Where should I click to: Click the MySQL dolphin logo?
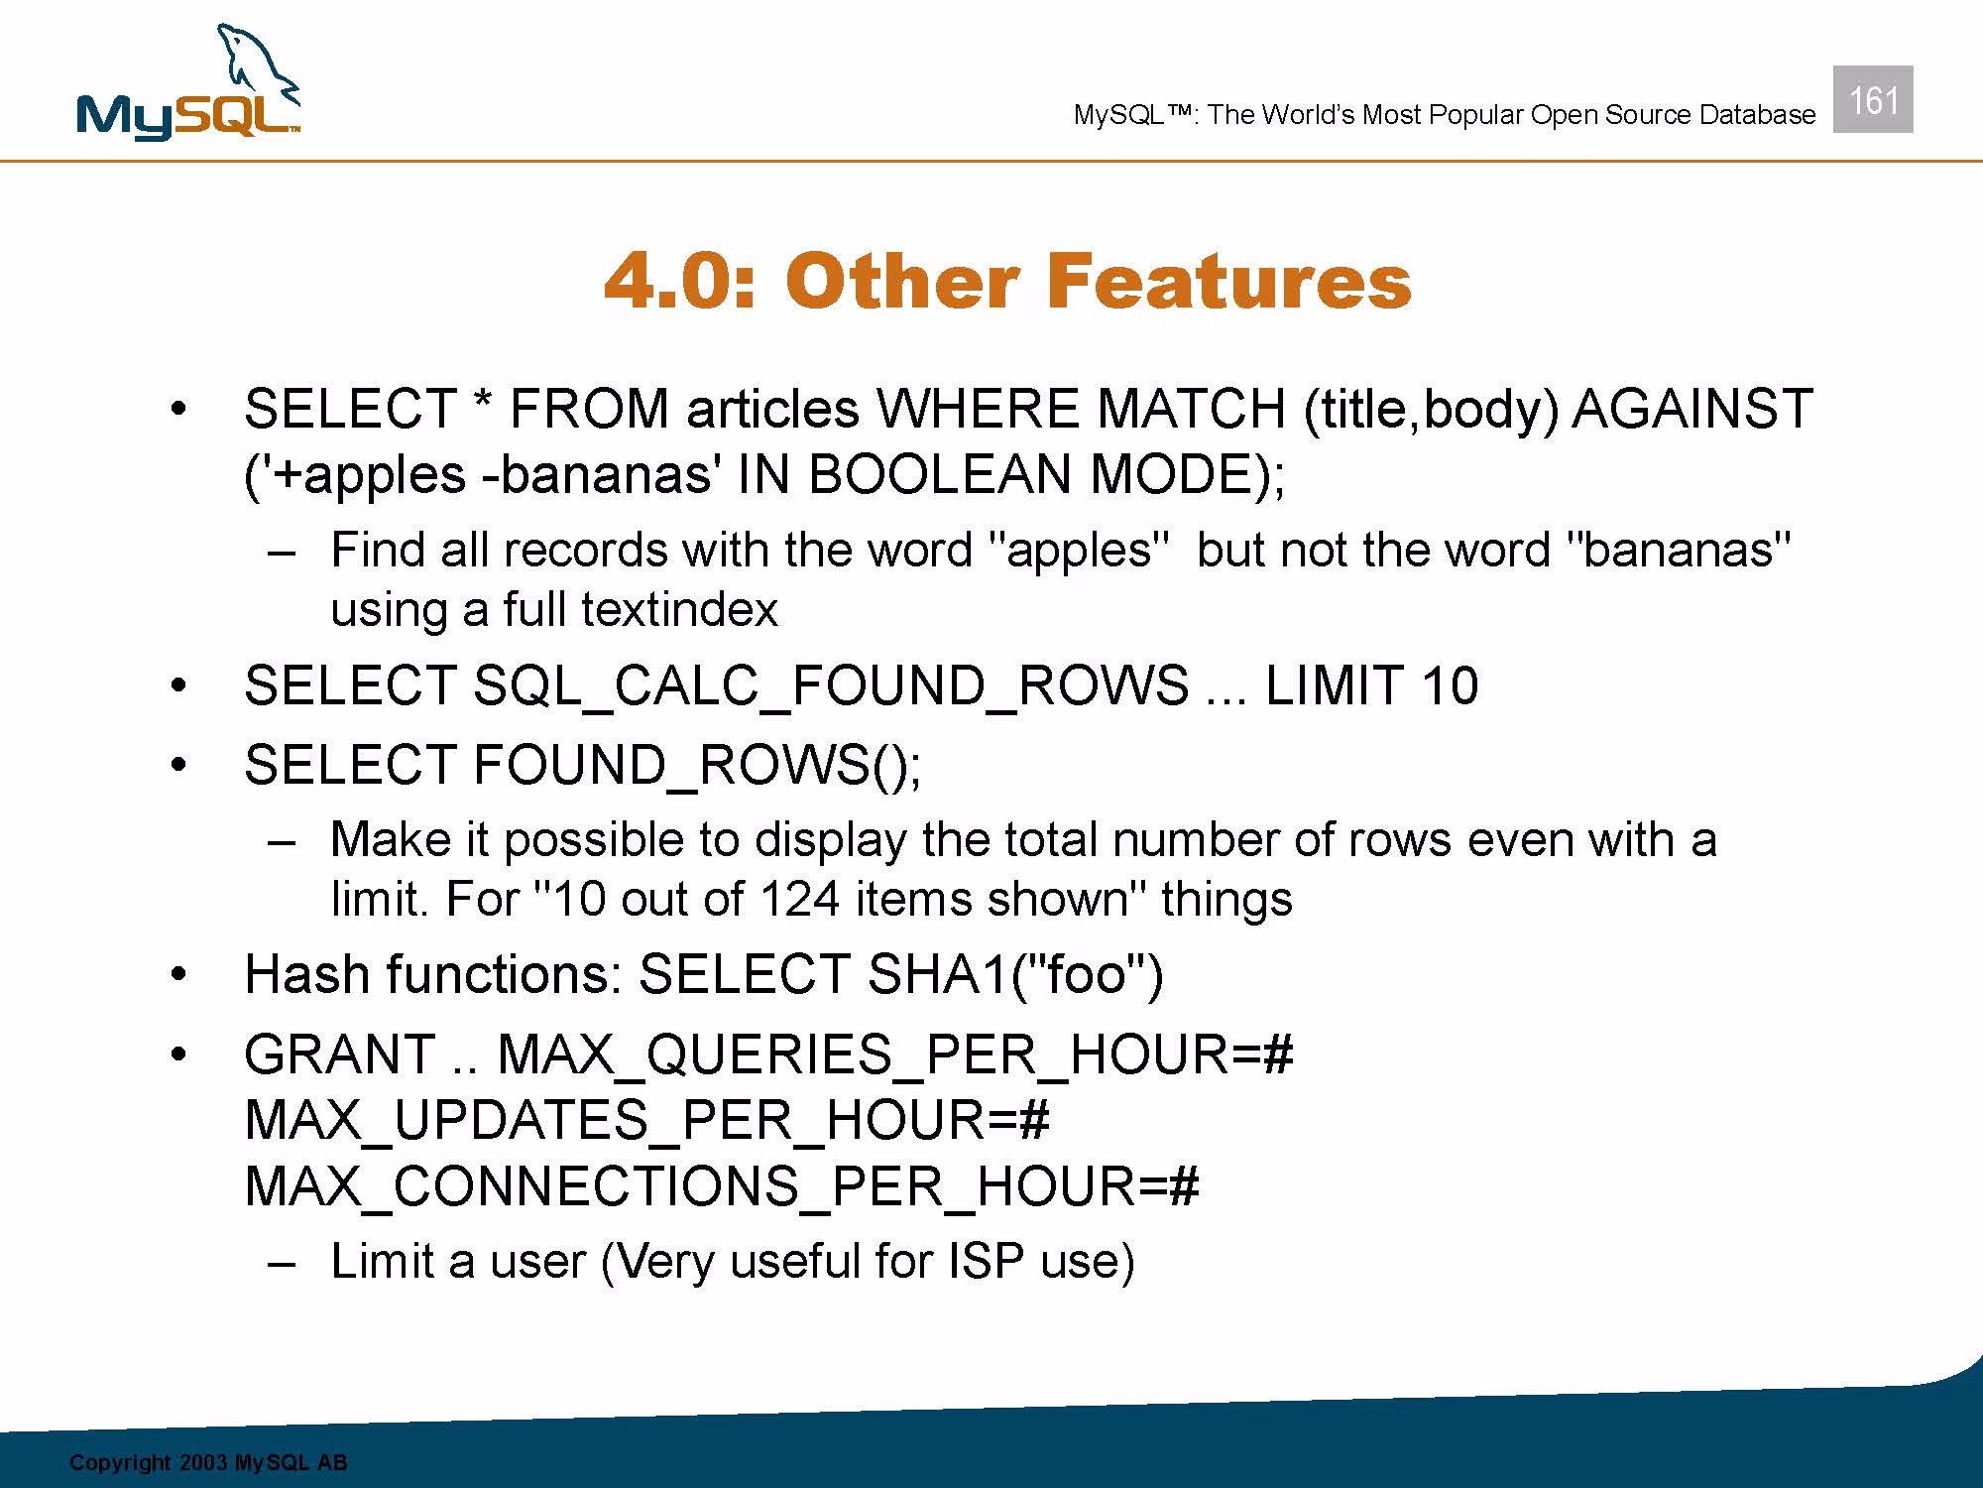click(x=188, y=84)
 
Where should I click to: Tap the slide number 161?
click(x=1873, y=100)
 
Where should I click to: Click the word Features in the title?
click(x=1228, y=281)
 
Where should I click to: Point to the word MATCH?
click(x=1191, y=409)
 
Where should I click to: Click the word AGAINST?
click(x=1692, y=409)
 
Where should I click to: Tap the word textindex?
click(x=679, y=609)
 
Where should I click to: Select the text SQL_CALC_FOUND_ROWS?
click(x=831, y=686)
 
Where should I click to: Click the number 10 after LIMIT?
click(x=1450, y=685)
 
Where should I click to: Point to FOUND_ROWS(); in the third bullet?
click(x=697, y=767)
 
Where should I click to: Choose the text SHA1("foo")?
click(x=1015, y=974)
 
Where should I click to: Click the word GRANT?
click(x=340, y=1054)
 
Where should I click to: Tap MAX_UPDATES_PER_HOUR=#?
click(x=647, y=1121)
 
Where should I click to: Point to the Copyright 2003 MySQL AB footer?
click(x=208, y=1462)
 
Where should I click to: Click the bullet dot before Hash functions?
click(x=178, y=974)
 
